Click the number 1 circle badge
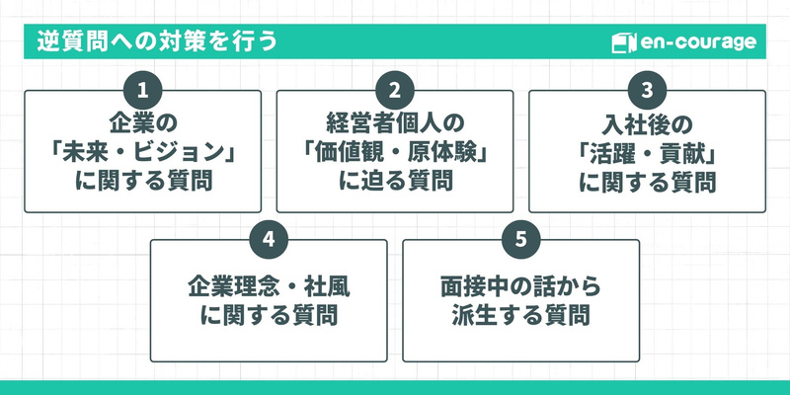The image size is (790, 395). (142, 90)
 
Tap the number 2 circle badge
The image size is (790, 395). (395, 90)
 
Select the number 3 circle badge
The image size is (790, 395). (647, 90)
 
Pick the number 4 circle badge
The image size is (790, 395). (269, 239)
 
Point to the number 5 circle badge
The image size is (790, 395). (520, 239)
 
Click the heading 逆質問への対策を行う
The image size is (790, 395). (157, 42)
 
